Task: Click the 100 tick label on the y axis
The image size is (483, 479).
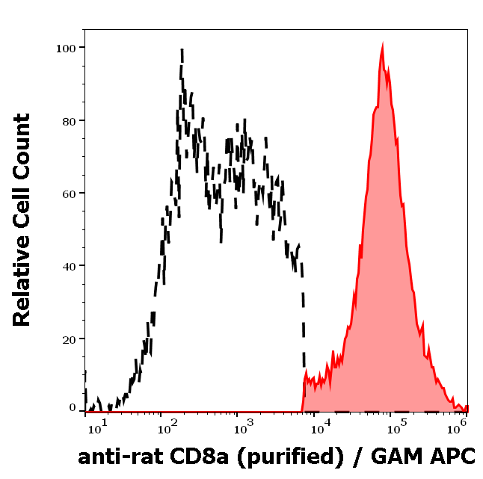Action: (x=66, y=48)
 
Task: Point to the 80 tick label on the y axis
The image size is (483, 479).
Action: (x=69, y=120)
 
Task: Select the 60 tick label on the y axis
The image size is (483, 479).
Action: (x=69, y=193)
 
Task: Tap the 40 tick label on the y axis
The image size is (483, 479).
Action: (x=69, y=265)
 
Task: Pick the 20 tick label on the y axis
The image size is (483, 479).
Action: (x=69, y=339)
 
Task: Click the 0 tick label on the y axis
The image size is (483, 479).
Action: (x=73, y=408)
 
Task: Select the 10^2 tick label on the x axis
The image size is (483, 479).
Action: (x=165, y=428)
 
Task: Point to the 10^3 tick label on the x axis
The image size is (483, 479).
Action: (x=242, y=428)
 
